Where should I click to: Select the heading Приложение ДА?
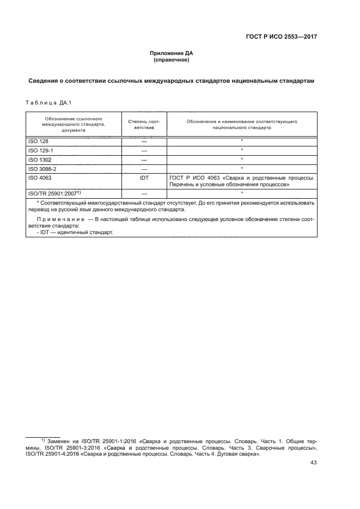click(x=172, y=53)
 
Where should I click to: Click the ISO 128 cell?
click(x=38, y=142)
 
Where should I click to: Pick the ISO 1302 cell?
click(x=40, y=160)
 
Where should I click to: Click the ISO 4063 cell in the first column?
click(x=40, y=177)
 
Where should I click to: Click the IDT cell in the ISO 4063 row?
click(x=144, y=177)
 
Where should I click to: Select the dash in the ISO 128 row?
click(x=144, y=142)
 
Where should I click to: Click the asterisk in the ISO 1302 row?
click(x=241, y=160)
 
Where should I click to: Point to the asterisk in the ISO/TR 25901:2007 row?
click(x=241, y=193)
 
